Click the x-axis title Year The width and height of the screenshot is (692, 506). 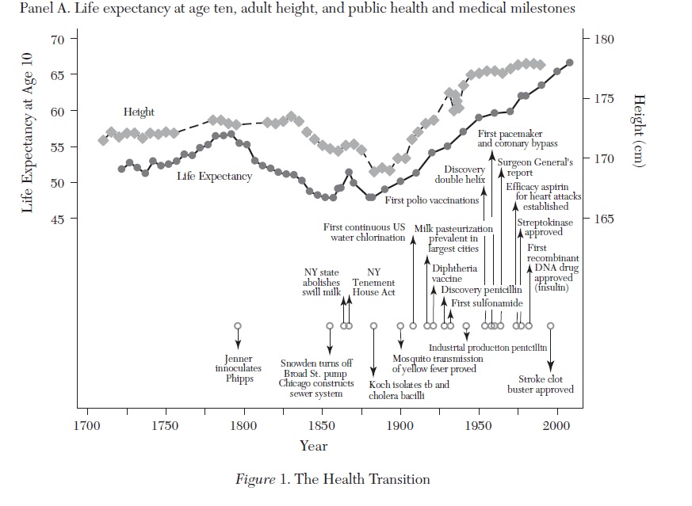pyautogui.click(x=314, y=446)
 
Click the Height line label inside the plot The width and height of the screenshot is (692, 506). pyautogui.click(x=139, y=112)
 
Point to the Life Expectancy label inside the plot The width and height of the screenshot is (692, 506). pyautogui.click(x=214, y=176)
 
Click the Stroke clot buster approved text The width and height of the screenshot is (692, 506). pyautogui.click(x=541, y=384)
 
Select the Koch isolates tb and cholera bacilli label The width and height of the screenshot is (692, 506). pyautogui.click(x=409, y=390)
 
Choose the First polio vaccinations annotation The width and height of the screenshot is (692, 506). pyautogui.click(x=431, y=200)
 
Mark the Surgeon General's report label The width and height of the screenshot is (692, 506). pyautogui.click(x=535, y=167)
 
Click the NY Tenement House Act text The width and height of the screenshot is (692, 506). pyautogui.click(x=373, y=282)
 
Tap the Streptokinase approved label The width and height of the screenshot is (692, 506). pyautogui.click(x=543, y=227)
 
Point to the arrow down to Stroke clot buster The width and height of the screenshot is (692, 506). pyautogui.click(x=550, y=348)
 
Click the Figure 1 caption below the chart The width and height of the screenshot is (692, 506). pyautogui.click(x=332, y=479)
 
